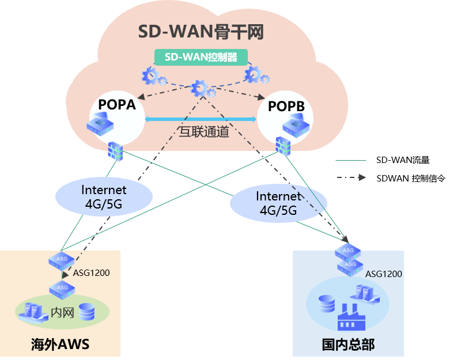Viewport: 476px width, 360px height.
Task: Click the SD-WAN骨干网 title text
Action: (x=201, y=32)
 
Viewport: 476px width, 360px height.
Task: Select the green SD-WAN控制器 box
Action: (x=201, y=57)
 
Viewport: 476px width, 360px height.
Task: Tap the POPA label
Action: (x=116, y=105)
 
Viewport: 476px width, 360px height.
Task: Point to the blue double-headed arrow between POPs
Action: (x=200, y=119)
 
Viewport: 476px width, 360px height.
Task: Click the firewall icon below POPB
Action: (x=283, y=146)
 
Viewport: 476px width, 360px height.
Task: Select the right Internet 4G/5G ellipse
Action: (x=278, y=203)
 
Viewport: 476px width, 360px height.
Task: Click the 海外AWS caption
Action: (x=60, y=344)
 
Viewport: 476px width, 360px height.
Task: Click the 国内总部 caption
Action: (x=348, y=344)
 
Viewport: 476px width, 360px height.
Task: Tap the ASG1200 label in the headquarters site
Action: (x=383, y=274)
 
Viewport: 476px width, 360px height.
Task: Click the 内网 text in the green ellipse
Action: (x=62, y=313)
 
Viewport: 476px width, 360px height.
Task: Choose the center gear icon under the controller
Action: (x=201, y=89)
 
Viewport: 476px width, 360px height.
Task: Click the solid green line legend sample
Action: (x=351, y=160)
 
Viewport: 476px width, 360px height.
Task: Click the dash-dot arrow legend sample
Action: (x=351, y=177)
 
